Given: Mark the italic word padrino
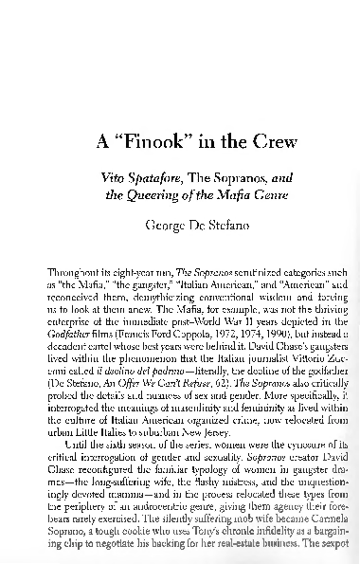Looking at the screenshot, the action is (x=159, y=373).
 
